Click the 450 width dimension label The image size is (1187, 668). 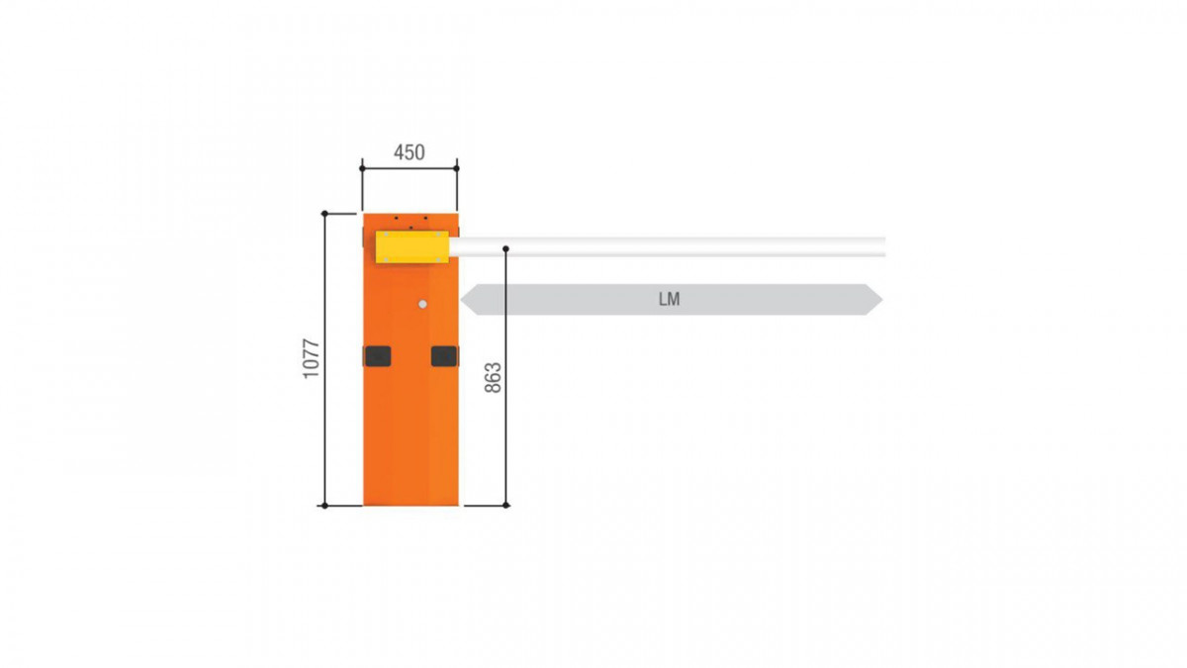410,152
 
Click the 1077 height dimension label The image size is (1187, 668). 312,358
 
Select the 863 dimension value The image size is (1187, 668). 493,377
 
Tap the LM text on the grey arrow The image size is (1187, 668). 670,300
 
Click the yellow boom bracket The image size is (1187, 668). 412,246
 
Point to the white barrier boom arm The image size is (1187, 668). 667,247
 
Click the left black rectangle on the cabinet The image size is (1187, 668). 377,356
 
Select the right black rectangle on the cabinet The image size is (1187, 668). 444,356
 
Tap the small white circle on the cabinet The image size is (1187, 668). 422,305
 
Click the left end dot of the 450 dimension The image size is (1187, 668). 362,168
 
